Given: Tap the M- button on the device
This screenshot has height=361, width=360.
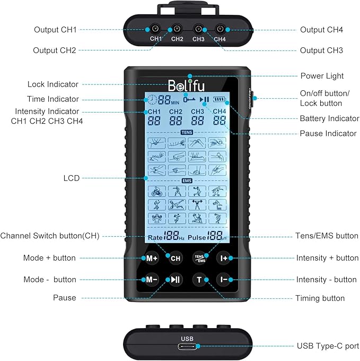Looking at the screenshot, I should (x=150, y=280).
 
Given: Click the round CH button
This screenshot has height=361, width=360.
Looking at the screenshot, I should (x=175, y=259).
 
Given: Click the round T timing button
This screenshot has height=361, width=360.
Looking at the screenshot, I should (x=200, y=280).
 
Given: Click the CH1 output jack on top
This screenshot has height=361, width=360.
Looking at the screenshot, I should (x=156, y=30).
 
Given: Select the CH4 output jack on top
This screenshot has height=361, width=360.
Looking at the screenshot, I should (x=219, y=30).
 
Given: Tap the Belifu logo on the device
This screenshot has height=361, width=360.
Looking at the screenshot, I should (x=186, y=85).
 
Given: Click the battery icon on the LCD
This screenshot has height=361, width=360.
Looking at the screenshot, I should (x=219, y=99).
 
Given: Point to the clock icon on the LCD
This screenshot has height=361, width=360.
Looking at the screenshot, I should (x=153, y=99).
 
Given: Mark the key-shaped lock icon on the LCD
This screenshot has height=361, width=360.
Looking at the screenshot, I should (x=189, y=99).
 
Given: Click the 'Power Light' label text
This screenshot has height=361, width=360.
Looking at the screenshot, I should (x=322, y=76).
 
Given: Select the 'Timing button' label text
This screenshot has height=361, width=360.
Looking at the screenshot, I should (x=320, y=298).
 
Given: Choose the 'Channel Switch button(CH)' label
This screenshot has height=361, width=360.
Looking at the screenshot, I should (x=50, y=236).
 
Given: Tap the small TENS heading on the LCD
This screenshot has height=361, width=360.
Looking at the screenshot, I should (x=186, y=132).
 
